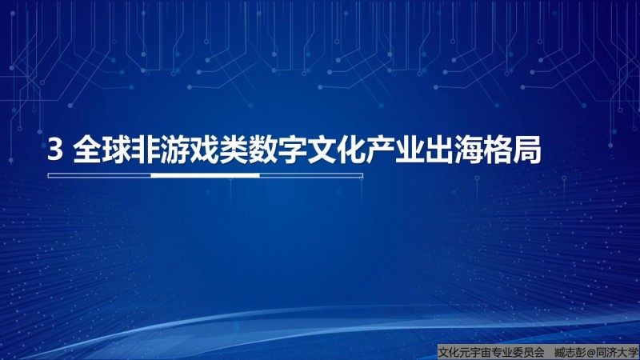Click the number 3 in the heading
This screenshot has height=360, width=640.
coord(55,150)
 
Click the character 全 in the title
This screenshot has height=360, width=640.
coord(87,150)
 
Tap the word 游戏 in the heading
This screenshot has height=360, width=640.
coord(190,150)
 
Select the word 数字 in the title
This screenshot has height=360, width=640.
coord(278,150)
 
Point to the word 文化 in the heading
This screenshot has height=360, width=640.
coord(336,150)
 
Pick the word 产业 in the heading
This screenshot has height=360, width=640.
coord(395,150)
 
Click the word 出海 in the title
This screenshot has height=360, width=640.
coord(454,150)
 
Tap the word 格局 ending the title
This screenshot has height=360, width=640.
coord(512,150)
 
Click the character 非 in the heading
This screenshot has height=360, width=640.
coord(146,150)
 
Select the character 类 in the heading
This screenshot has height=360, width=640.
coord(234,150)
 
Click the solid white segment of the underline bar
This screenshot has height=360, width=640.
coord(206,175)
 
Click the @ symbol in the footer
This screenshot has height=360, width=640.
coord(591,352)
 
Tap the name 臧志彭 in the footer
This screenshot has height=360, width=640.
coord(570,352)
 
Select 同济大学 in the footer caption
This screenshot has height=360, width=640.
coord(617,352)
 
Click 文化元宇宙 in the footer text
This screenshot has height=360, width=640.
coord(465,352)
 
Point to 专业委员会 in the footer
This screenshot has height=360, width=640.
coord(518,352)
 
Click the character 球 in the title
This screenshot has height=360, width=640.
coord(117,150)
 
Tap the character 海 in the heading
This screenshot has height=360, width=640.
coord(468,150)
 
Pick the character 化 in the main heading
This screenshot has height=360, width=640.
coord(351,150)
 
